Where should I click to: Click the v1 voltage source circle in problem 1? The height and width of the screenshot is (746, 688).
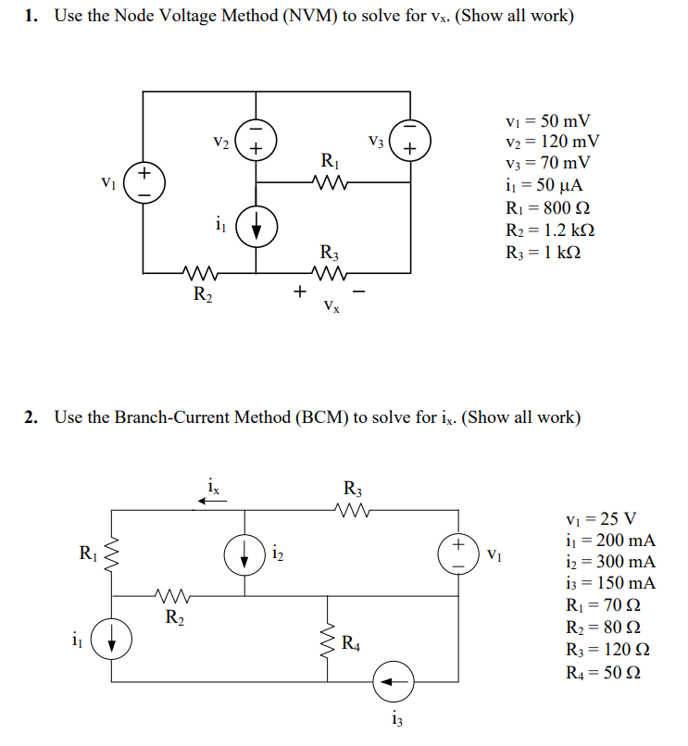144,181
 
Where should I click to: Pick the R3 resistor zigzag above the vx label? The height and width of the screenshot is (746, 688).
331,272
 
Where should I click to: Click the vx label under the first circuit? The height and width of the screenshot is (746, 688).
331,305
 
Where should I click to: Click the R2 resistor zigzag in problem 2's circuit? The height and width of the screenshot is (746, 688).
169,596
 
